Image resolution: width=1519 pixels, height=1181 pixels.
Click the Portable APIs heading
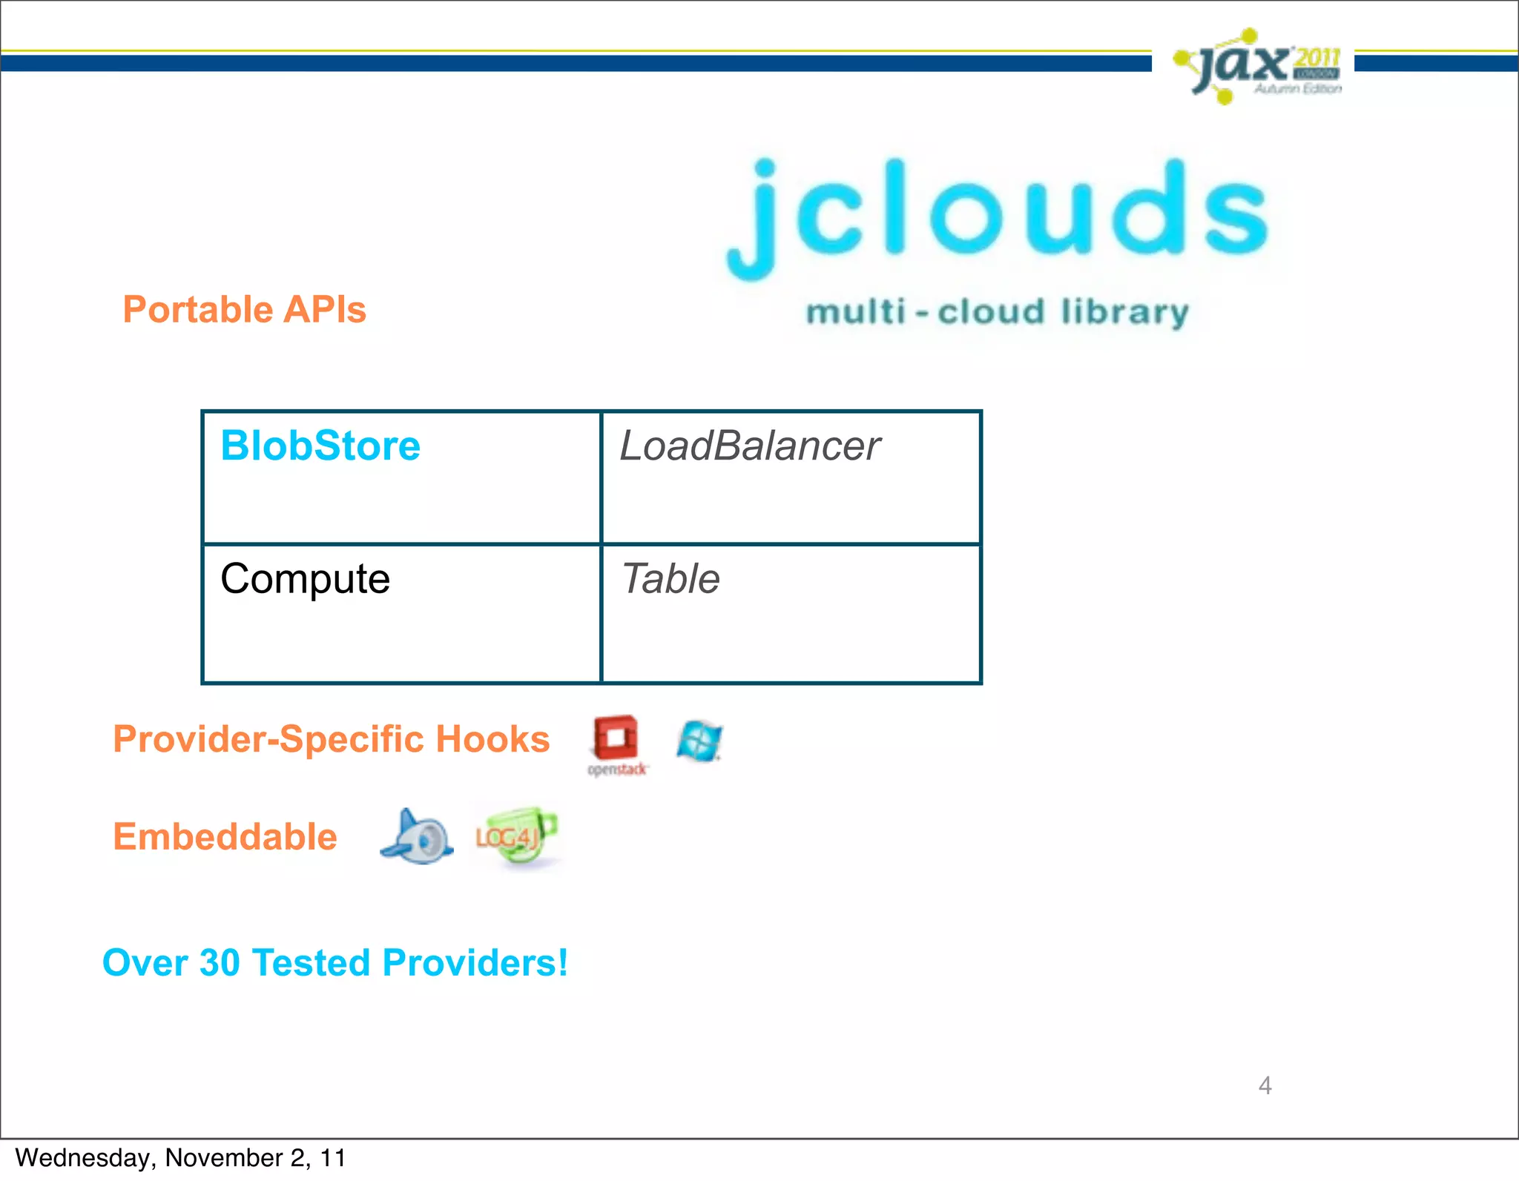[x=244, y=310]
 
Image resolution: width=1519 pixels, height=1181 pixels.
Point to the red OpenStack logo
[x=616, y=744]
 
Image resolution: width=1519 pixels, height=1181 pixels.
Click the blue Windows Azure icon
[x=699, y=741]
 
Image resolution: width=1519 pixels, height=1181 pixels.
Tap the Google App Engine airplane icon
[x=417, y=837]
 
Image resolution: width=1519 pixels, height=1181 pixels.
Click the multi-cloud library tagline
[x=998, y=312]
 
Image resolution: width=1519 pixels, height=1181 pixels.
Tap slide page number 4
[x=1265, y=1085]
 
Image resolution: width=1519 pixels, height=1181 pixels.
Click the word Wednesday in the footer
[x=82, y=1158]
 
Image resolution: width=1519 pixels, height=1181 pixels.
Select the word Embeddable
[x=225, y=837]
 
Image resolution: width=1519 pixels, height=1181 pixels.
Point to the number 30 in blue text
[x=220, y=963]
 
